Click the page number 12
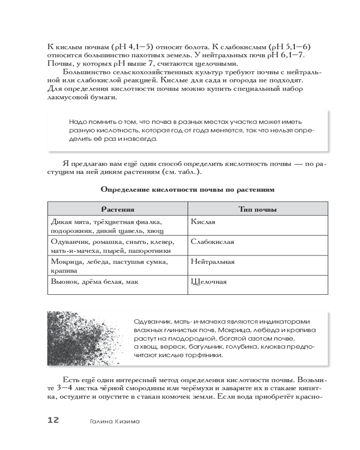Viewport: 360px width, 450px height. tap(53, 420)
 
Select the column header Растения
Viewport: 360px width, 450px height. tap(117, 210)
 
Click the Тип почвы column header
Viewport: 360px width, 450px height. tap(257, 210)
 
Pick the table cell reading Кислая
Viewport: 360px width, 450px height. tap(203, 222)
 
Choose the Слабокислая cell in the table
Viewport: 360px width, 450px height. tap(212, 242)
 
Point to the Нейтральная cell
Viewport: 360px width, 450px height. tap(212, 261)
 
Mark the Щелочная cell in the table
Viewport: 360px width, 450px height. tap(209, 282)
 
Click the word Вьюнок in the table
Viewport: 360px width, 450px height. tap(63, 282)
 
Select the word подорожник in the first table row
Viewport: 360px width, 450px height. tap(67, 230)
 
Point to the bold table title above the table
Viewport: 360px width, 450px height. tap(187, 190)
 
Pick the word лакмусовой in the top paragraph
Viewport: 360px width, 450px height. tap(68, 98)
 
